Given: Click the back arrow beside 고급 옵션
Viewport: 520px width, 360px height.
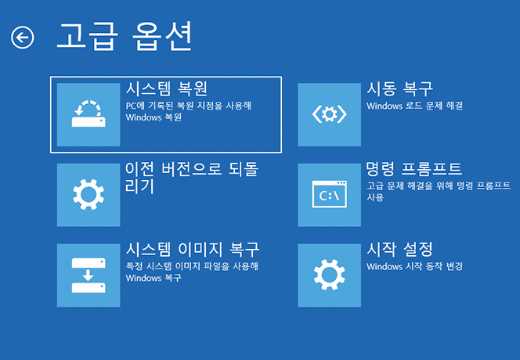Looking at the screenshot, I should pyautogui.click(x=23, y=37).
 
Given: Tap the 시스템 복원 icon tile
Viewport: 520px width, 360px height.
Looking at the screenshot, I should pyautogui.click(x=88, y=114).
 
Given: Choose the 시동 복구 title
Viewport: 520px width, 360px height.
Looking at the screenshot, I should pyautogui.click(x=400, y=88).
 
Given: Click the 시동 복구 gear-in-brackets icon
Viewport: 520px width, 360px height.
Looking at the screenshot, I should pyautogui.click(x=329, y=114).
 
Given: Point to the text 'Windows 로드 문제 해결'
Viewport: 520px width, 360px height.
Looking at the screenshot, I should pyautogui.click(x=414, y=105).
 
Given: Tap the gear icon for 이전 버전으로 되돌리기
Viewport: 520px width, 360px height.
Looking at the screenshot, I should pyautogui.click(x=88, y=195).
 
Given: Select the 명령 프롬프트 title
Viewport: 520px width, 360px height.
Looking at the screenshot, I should pyautogui.click(x=414, y=168).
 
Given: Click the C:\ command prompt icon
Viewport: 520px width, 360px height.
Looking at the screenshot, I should pyautogui.click(x=329, y=195).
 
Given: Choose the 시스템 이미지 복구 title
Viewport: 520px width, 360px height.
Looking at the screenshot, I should pyautogui.click(x=193, y=249).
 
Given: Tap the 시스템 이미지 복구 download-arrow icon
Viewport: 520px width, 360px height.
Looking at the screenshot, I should pyautogui.click(x=88, y=275).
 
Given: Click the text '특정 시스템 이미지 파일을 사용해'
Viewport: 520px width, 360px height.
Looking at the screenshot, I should pyautogui.click(x=192, y=266).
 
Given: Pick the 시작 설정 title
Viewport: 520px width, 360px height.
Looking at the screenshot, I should pyautogui.click(x=400, y=249).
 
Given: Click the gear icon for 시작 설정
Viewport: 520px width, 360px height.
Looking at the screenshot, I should pyautogui.click(x=329, y=275).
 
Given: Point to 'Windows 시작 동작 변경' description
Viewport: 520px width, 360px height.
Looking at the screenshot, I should pyautogui.click(x=414, y=266).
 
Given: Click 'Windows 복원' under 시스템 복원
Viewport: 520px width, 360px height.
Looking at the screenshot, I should pyautogui.click(x=153, y=117).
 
